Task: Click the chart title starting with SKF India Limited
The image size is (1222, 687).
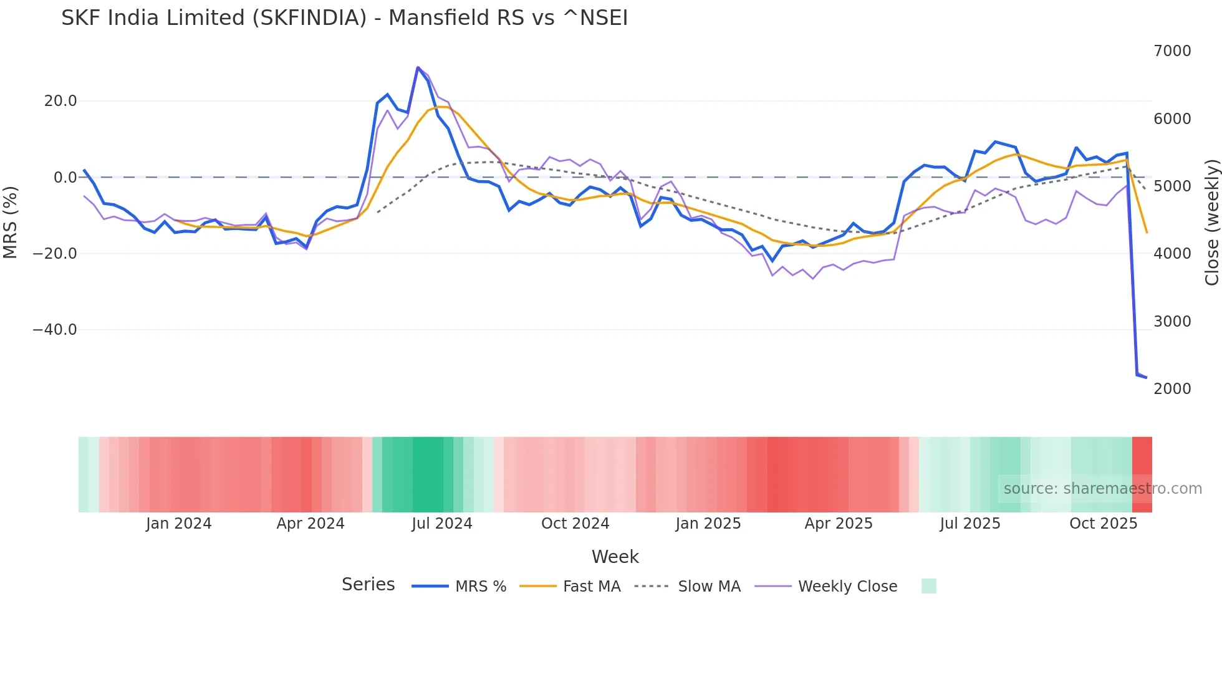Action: (x=344, y=18)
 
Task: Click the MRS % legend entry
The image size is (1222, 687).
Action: (x=480, y=587)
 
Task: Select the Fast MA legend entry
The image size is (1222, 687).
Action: (x=591, y=587)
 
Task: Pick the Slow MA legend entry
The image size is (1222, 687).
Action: (x=709, y=587)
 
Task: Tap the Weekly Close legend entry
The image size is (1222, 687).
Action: (x=847, y=587)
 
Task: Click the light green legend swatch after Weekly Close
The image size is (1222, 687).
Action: (x=928, y=586)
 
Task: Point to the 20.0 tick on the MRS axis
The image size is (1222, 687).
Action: (x=60, y=101)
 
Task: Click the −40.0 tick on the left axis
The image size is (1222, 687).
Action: (x=55, y=330)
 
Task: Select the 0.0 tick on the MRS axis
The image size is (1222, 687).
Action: (x=65, y=178)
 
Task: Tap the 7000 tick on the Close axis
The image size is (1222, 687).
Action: (x=1172, y=51)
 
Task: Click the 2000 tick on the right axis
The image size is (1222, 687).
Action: (x=1172, y=389)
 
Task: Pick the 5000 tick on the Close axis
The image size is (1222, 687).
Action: (x=1172, y=186)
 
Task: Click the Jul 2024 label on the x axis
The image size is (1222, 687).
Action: (x=441, y=524)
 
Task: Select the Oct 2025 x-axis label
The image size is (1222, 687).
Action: (x=1103, y=524)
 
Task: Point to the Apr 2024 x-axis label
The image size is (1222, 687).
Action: (x=310, y=524)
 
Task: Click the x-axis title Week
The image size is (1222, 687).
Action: (x=615, y=557)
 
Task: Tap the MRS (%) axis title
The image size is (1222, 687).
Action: (x=11, y=222)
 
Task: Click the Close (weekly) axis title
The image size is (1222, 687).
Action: (x=1211, y=222)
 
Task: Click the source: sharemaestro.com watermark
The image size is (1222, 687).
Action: (x=1102, y=489)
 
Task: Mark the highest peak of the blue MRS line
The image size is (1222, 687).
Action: (x=418, y=67)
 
